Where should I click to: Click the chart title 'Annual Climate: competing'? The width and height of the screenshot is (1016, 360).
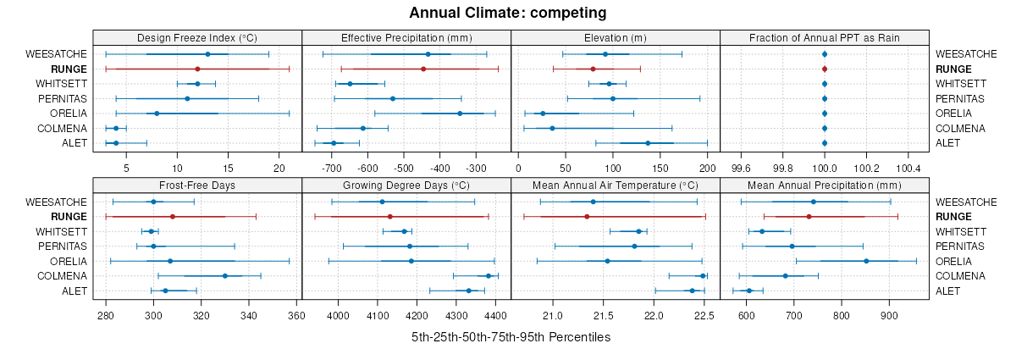(x=508, y=13)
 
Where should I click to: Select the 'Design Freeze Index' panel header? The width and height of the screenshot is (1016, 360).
(x=196, y=37)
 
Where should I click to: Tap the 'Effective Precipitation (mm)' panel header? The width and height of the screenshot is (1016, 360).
(x=406, y=37)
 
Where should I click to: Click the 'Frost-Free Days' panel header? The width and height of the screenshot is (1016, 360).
(x=196, y=185)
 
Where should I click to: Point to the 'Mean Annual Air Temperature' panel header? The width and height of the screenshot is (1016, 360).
(x=616, y=185)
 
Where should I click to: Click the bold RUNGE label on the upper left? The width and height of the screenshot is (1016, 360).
(x=69, y=69)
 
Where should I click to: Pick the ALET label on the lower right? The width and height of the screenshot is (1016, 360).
(x=949, y=291)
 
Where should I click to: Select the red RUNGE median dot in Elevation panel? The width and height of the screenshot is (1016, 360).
(x=593, y=69)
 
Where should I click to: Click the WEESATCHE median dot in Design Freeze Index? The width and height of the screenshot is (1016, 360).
(x=207, y=54)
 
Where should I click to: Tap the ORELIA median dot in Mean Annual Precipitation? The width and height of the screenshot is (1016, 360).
(x=866, y=261)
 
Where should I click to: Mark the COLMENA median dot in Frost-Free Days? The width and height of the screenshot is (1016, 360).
(x=224, y=276)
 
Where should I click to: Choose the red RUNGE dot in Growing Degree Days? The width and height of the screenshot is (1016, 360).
(x=389, y=217)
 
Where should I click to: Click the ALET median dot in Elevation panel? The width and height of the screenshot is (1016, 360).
(x=648, y=143)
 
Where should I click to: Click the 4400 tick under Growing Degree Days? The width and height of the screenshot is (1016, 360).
(x=495, y=316)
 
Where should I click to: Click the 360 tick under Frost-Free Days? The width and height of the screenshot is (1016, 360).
(x=297, y=316)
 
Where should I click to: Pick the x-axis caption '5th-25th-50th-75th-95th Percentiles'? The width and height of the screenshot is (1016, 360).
(x=511, y=337)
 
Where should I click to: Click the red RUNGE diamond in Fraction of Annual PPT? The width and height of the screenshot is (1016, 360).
(x=824, y=69)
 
